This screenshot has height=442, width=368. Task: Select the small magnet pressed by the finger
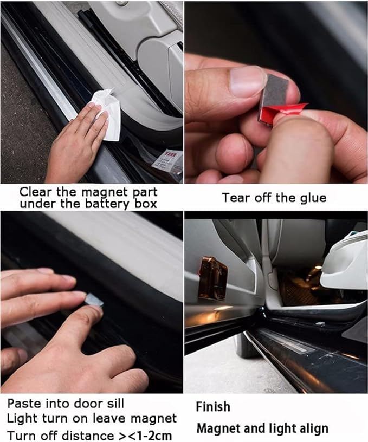click(x=94, y=300)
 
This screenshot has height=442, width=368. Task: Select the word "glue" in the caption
click(x=313, y=198)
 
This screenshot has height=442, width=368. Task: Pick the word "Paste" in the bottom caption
click(x=25, y=404)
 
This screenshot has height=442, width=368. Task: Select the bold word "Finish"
click(x=213, y=407)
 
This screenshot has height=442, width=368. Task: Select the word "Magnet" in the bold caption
click(x=218, y=428)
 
